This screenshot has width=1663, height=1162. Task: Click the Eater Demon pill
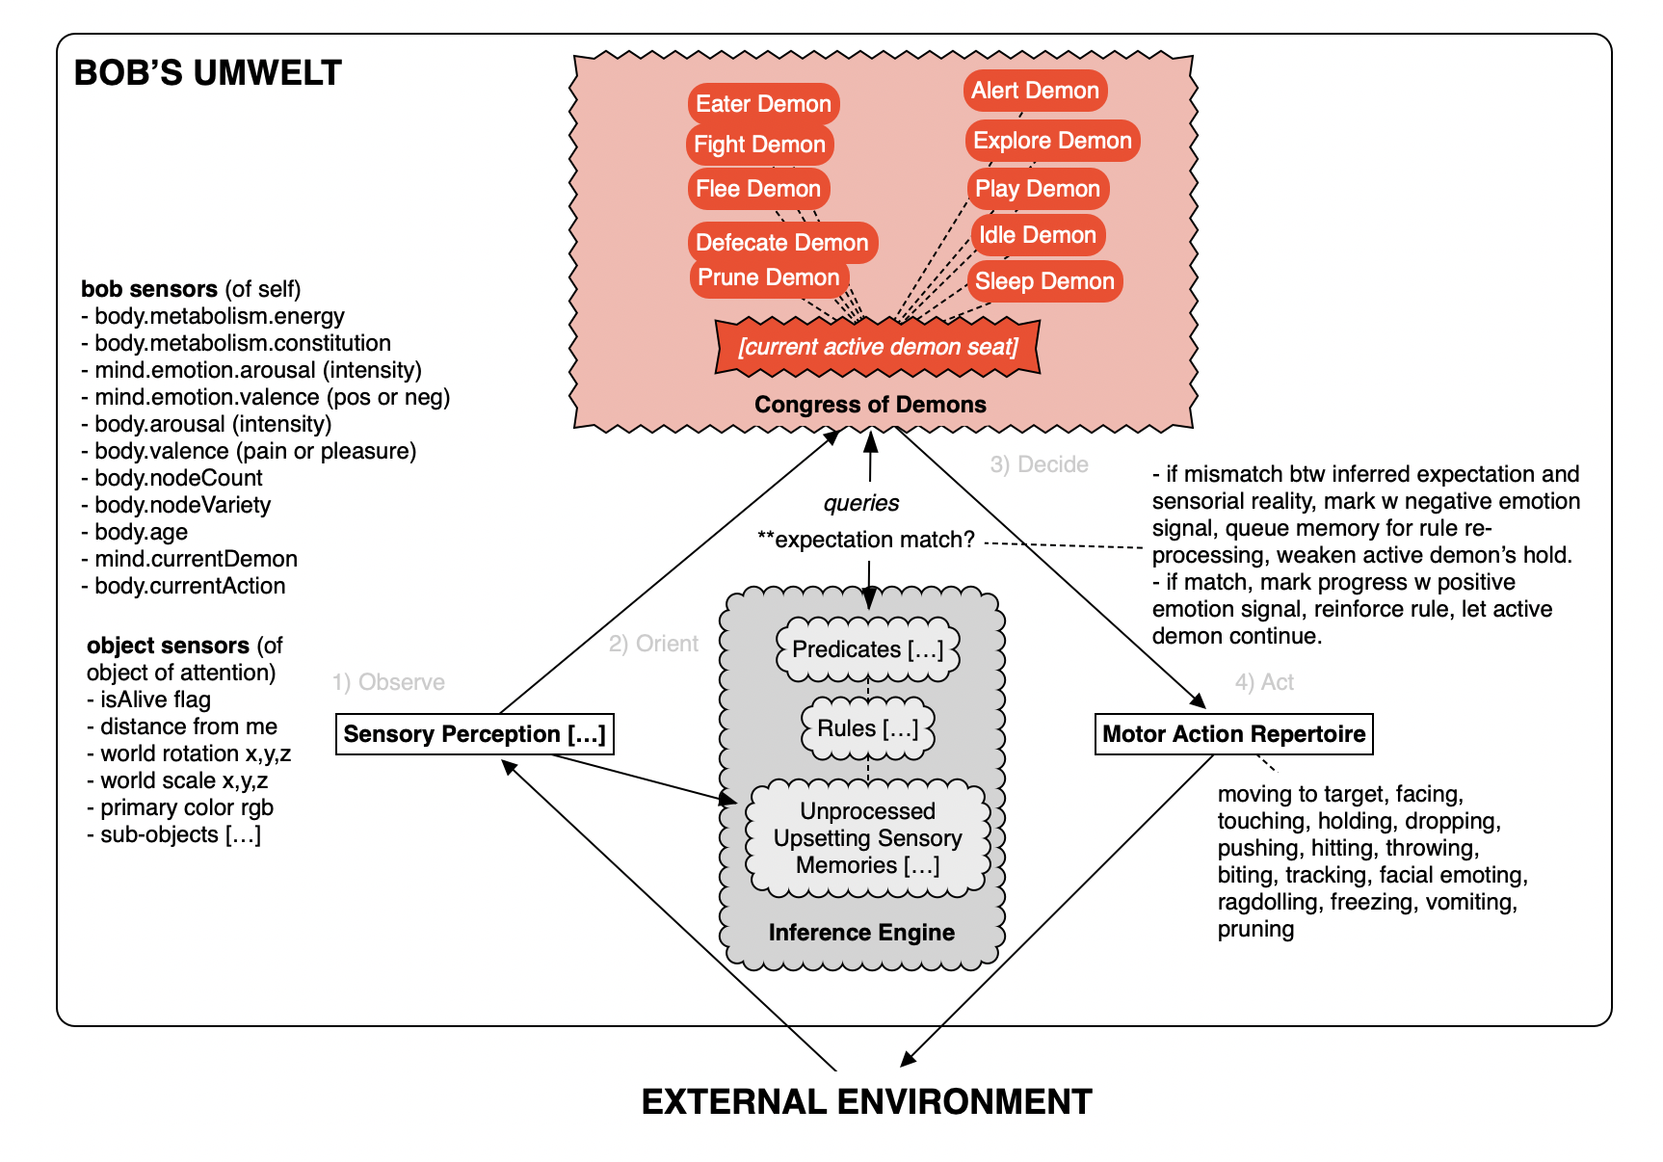click(763, 104)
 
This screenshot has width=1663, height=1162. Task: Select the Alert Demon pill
click(1035, 91)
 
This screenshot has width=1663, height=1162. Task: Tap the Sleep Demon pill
click(1044, 281)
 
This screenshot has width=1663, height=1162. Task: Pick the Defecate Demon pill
click(781, 243)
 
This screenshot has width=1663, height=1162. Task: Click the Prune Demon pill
click(768, 277)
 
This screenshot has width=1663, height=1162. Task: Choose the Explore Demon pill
click(1052, 141)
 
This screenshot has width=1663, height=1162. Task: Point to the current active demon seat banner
click(878, 347)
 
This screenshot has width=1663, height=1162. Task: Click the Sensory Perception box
click(474, 734)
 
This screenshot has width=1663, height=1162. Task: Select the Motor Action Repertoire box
click(1233, 734)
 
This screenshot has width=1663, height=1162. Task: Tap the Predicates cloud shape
click(867, 649)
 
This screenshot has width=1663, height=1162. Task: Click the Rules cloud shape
click(867, 728)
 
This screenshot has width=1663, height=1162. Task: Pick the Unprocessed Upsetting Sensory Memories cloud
click(867, 838)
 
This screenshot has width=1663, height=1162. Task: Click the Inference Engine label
click(861, 933)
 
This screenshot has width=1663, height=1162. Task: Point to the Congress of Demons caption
click(870, 405)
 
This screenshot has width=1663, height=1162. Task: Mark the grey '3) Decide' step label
click(1039, 464)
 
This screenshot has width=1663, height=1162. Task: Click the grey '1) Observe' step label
click(388, 682)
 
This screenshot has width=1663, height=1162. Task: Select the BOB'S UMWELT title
click(208, 73)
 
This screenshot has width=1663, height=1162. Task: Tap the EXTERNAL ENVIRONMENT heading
click(866, 1101)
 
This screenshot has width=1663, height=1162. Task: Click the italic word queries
click(860, 503)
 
